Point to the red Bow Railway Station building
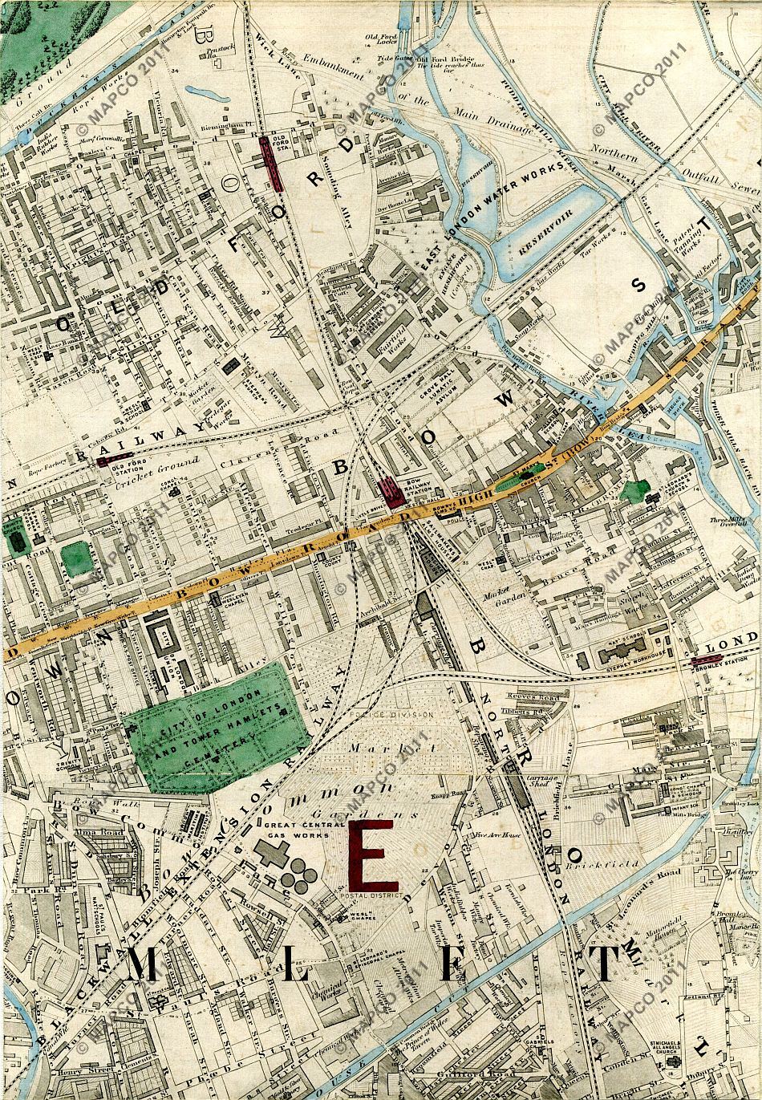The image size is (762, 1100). tap(391, 491)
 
